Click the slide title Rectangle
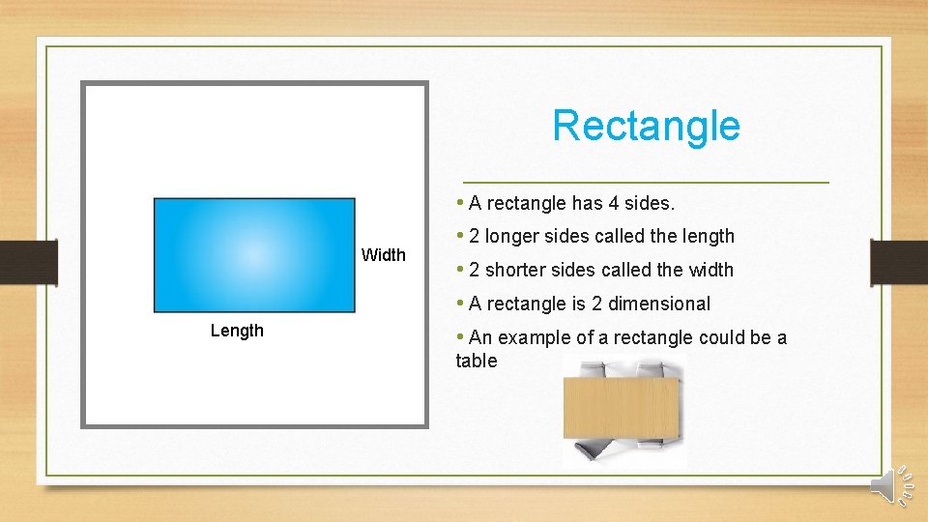click(646, 126)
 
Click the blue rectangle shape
click(254, 255)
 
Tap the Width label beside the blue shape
click(383, 255)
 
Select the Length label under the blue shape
click(237, 331)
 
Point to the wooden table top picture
click(622, 408)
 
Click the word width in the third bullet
click(710, 270)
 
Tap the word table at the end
click(477, 361)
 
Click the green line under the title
click(646, 182)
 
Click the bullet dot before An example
click(460, 337)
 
